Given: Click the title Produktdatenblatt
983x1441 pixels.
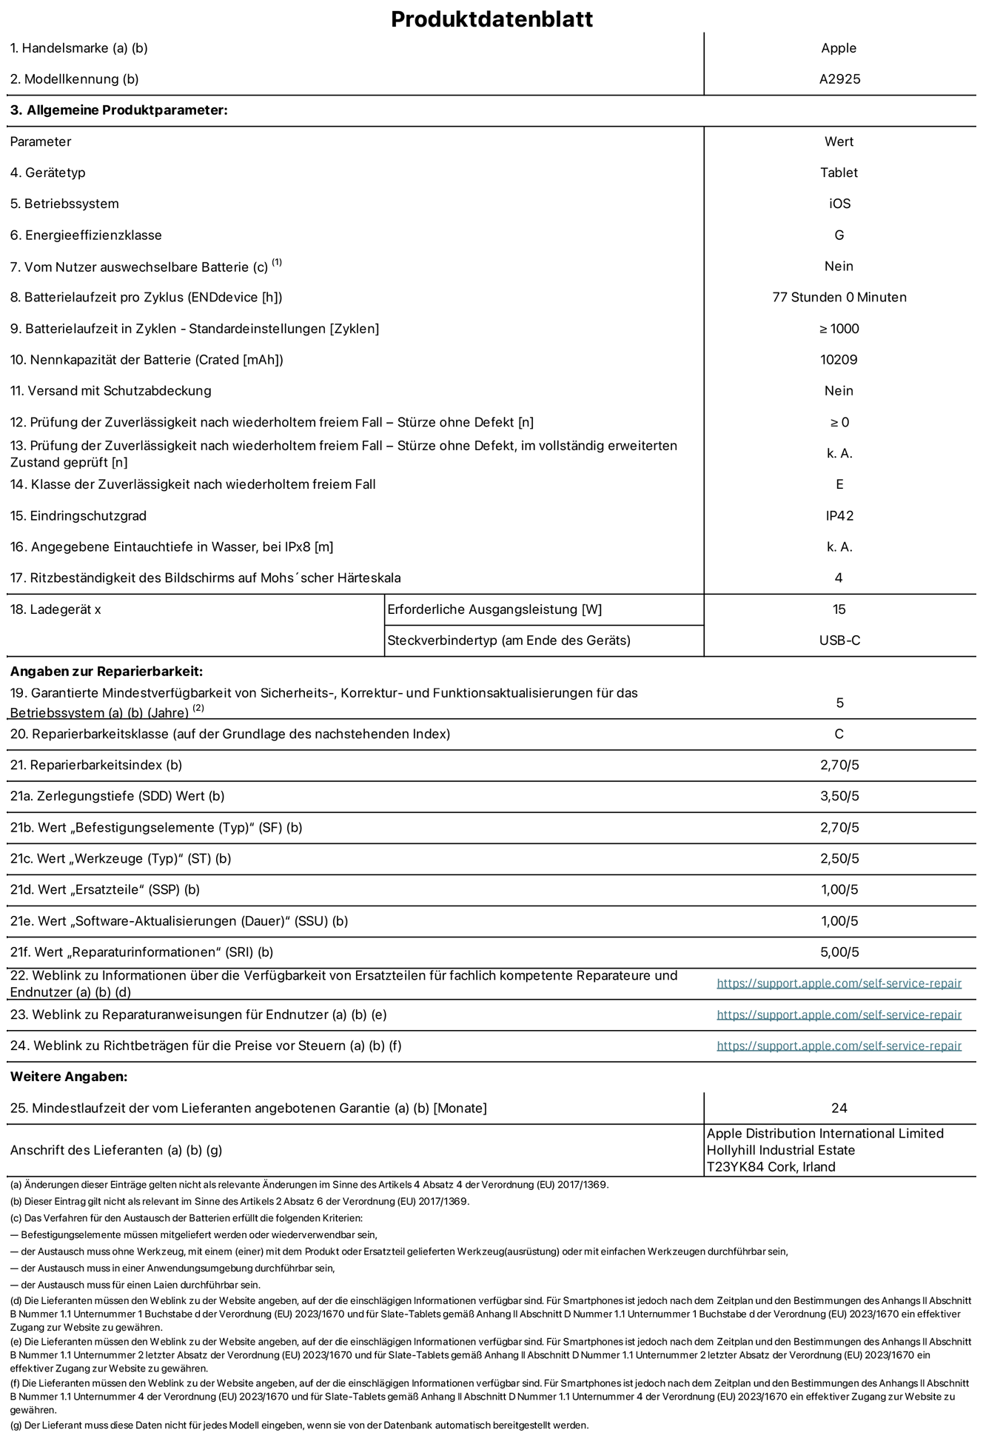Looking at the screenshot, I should pyautogui.click(x=491, y=19).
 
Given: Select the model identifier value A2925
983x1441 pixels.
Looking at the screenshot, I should pyautogui.click(x=839, y=79).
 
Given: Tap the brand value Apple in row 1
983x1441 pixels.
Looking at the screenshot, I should pyautogui.click(x=839, y=48).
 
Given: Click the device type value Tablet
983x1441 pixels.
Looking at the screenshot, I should pyautogui.click(x=839, y=173).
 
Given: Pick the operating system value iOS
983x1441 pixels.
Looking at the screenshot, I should pyautogui.click(x=839, y=204).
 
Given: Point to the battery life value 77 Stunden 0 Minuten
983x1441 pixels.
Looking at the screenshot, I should pyautogui.click(x=839, y=297).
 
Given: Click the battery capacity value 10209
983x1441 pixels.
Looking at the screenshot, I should pyautogui.click(x=839, y=360).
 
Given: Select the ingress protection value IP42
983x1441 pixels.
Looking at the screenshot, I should pyautogui.click(x=839, y=515).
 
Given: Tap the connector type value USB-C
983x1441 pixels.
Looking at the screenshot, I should pyautogui.click(x=839, y=641).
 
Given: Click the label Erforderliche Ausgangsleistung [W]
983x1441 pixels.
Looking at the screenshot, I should pyautogui.click(x=494, y=609).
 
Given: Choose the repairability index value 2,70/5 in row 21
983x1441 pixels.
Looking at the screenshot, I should pyautogui.click(x=839, y=765).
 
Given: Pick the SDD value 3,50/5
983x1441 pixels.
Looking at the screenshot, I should pyautogui.click(x=839, y=796).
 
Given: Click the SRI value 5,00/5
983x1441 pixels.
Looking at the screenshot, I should pyautogui.click(x=839, y=952).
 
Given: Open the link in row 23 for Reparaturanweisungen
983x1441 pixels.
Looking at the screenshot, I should pyautogui.click(x=839, y=1014).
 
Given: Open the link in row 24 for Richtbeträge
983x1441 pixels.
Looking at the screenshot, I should pyautogui.click(x=839, y=1046).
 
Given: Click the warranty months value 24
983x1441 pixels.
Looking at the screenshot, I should pyautogui.click(x=839, y=1108).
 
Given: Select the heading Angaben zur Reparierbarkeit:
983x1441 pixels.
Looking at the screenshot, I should pyautogui.click(x=107, y=672).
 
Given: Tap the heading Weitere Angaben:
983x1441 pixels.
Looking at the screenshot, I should pyautogui.click(x=69, y=1077).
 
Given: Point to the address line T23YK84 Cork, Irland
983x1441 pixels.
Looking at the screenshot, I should pyautogui.click(x=771, y=1167).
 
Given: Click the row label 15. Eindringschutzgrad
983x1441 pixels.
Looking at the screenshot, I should pyautogui.click(x=78, y=515).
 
